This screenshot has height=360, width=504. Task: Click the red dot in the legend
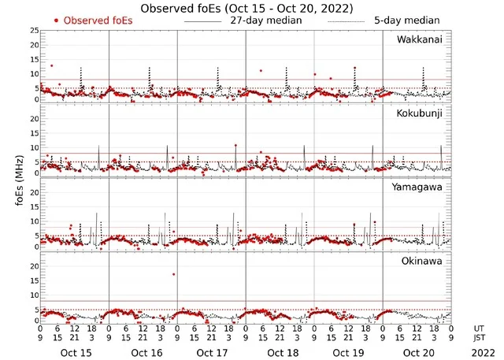57,20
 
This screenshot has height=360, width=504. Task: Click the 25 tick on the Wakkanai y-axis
34,31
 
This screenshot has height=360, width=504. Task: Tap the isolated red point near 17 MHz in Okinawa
173,274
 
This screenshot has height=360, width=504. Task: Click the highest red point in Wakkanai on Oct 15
52,65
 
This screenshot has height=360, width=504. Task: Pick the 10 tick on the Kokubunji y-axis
34,147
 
